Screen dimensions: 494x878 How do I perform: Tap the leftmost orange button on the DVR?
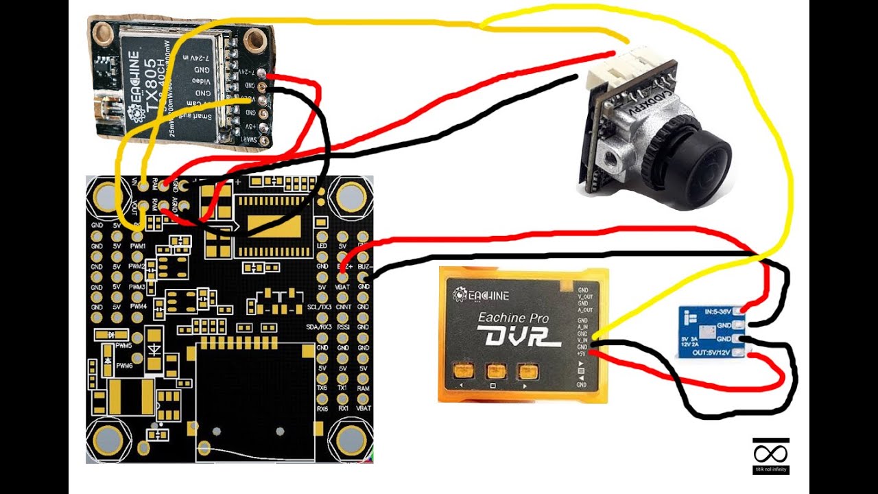coord(462,372)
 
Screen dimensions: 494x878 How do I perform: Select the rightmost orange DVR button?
coord(527,372)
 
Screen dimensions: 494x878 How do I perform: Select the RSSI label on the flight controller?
coord(343,327)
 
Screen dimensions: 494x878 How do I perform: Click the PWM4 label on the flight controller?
coord(137,307)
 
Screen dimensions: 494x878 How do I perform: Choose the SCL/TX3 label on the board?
coord(320,307)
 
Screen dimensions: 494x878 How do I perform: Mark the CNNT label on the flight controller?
coord(343,307)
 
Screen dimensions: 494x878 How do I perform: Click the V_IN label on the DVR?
coord(582,339)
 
